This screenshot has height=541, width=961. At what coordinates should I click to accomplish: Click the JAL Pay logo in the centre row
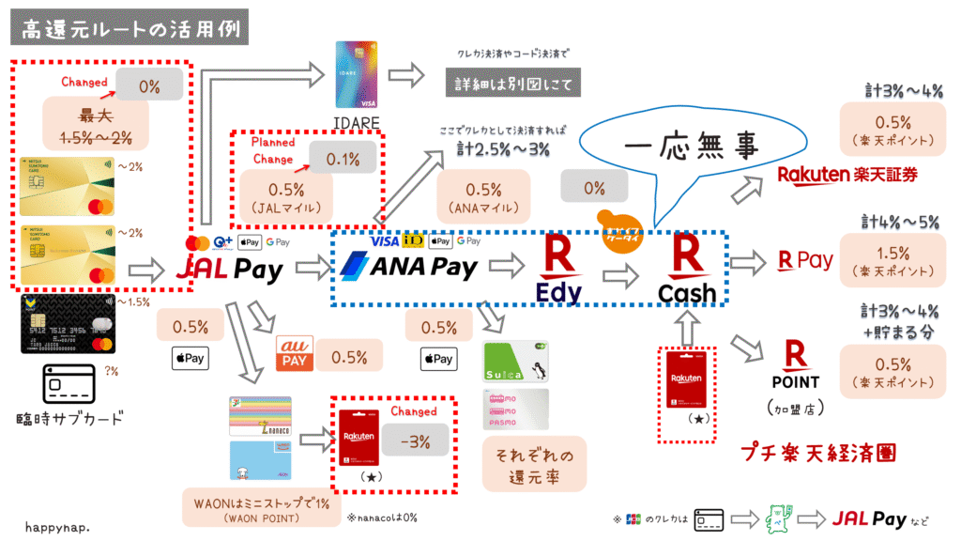(x=230, y=270)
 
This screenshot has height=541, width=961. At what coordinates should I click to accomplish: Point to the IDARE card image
(x=356, y=74)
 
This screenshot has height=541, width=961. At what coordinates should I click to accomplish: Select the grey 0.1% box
(x=343, y=160)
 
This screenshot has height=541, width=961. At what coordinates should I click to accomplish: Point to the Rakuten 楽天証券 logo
(x=847, y=174)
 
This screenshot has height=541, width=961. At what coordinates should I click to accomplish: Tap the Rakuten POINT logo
(x=796, y=365)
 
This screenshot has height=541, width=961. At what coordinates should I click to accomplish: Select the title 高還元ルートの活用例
(x=129, y=29)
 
